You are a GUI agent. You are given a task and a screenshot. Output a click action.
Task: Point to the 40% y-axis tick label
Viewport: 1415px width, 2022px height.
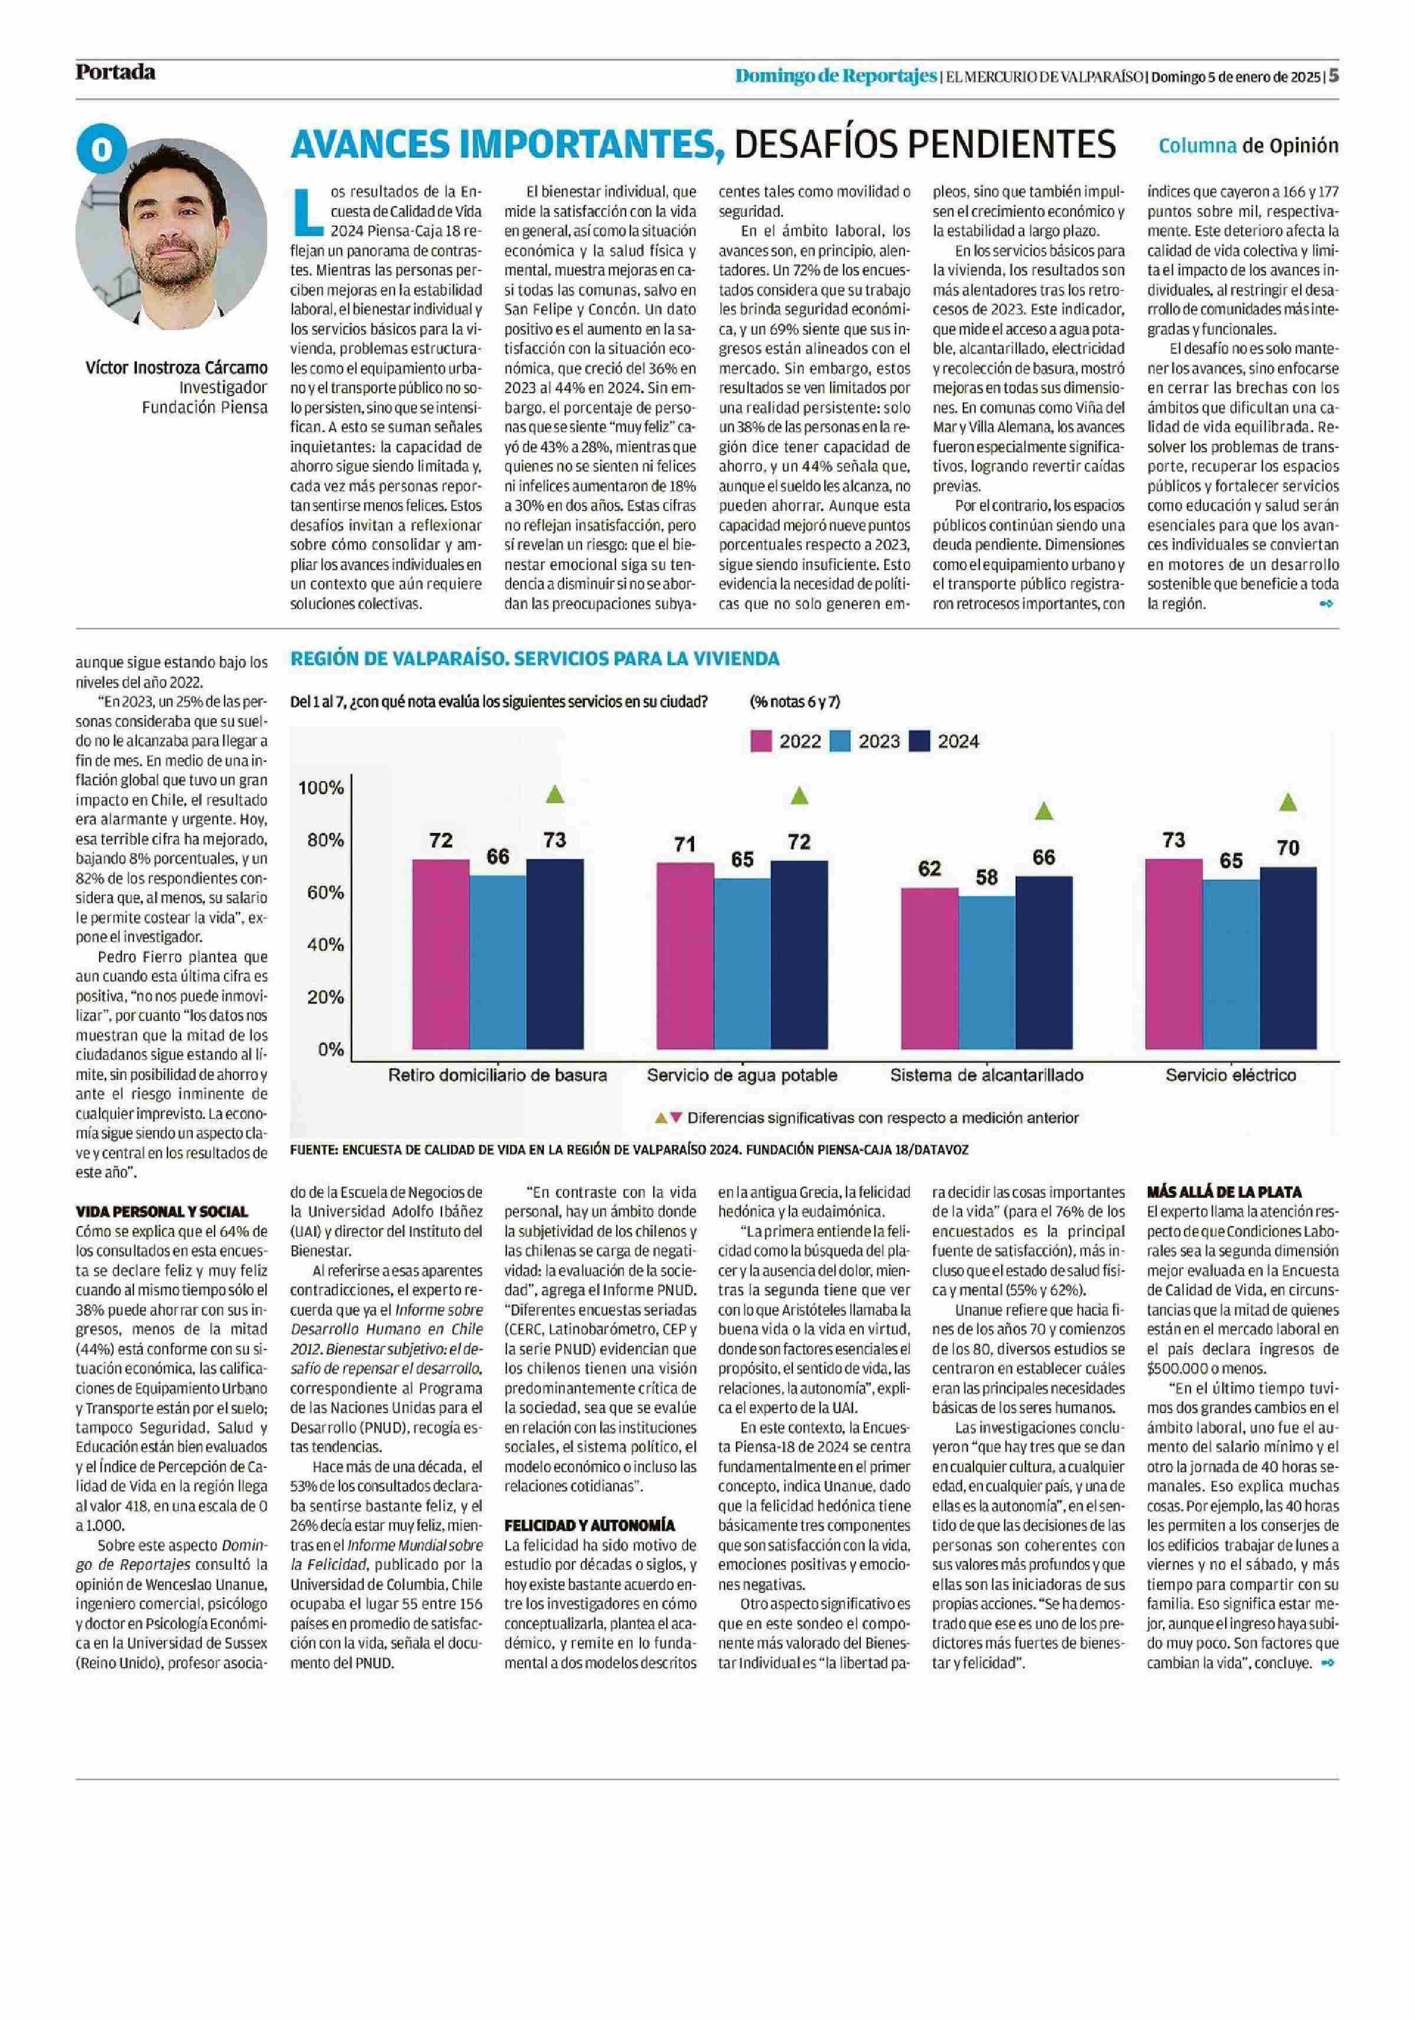(x=325, y=945)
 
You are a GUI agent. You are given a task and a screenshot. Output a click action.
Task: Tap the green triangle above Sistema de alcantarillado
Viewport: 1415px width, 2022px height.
(x=1044, y=810)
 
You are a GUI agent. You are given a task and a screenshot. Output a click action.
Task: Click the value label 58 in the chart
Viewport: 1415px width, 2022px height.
(x=986, y=877)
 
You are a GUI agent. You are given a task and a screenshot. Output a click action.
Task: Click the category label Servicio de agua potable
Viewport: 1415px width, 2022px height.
(x=741, y=1075)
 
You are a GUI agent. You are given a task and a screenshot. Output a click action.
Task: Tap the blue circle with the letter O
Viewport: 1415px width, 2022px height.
(x=101, y=150)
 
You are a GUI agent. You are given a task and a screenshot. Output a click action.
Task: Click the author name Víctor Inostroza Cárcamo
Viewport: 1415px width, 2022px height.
(x=176, y=367)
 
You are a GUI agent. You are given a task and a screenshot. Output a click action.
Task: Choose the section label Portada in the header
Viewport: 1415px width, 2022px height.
(x=116, y=72)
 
